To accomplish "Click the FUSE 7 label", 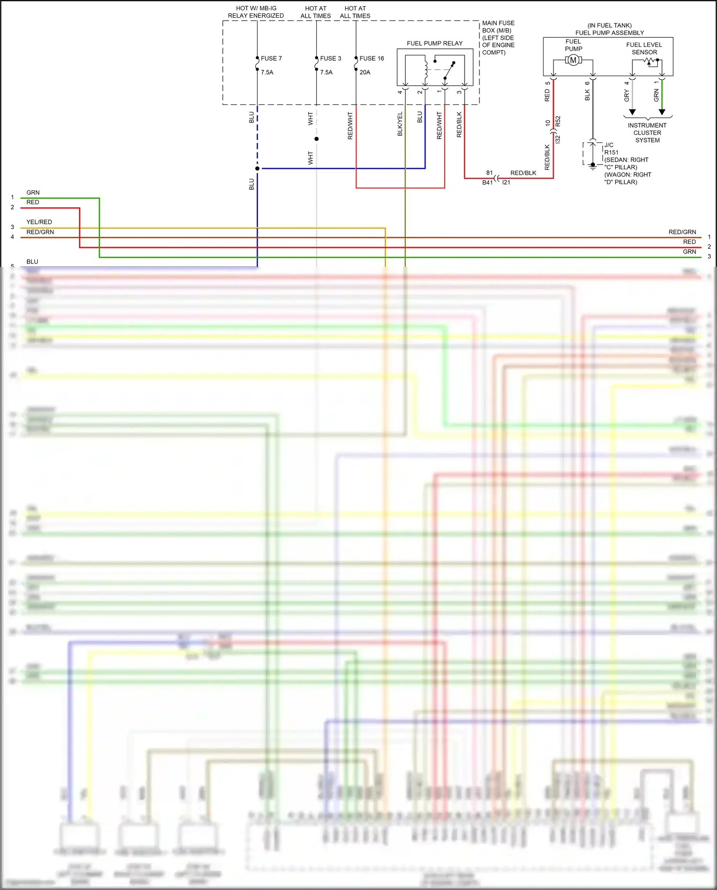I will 271,58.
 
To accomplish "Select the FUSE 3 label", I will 330,58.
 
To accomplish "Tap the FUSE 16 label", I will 371,58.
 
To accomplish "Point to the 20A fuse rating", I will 365,72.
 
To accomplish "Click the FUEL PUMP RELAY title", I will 435,44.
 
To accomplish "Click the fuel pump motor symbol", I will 573,60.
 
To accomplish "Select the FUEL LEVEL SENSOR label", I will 644,48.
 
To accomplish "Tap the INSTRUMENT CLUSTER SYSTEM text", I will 647,133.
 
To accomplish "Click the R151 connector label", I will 611,153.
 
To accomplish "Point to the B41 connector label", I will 487,183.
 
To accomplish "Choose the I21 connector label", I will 506,183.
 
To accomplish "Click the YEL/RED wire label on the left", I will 39,222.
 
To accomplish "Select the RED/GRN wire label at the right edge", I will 682,232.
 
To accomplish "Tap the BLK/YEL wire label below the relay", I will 400,124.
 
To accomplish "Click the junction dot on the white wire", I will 316,139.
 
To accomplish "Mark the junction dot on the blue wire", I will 257,168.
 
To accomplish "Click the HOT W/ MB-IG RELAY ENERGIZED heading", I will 256,12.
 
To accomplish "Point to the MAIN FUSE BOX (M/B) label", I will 498,37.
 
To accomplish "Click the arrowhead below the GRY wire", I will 632,112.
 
